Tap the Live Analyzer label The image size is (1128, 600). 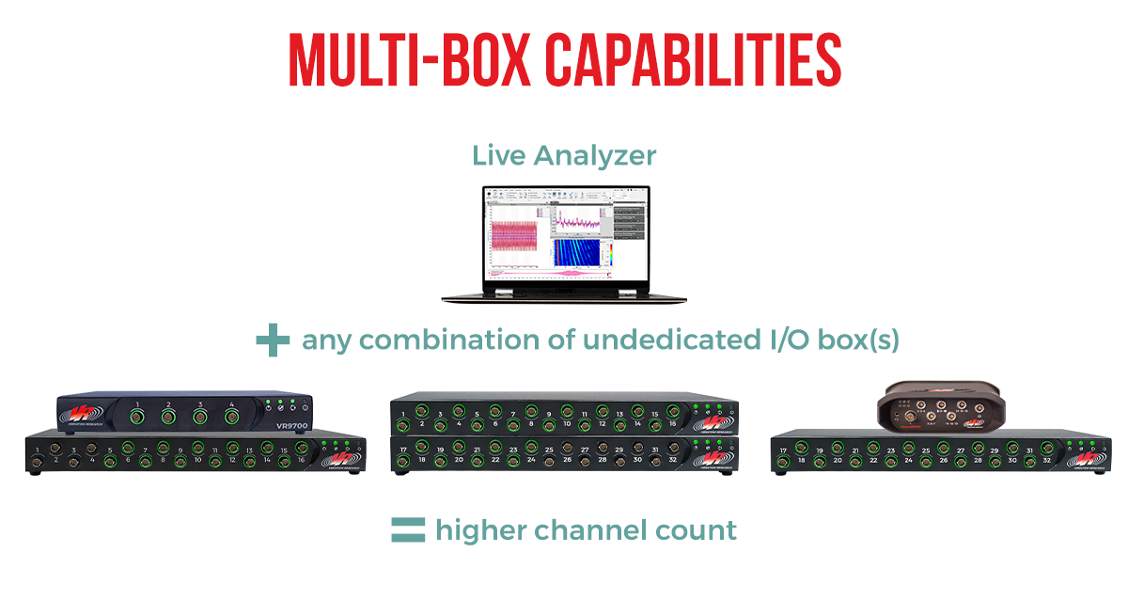(x=564, y=155)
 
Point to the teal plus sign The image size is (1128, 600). (x=273, y=340)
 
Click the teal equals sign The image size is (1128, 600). (x=408, y=530)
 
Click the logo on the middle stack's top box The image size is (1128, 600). (x=713, y=423)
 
